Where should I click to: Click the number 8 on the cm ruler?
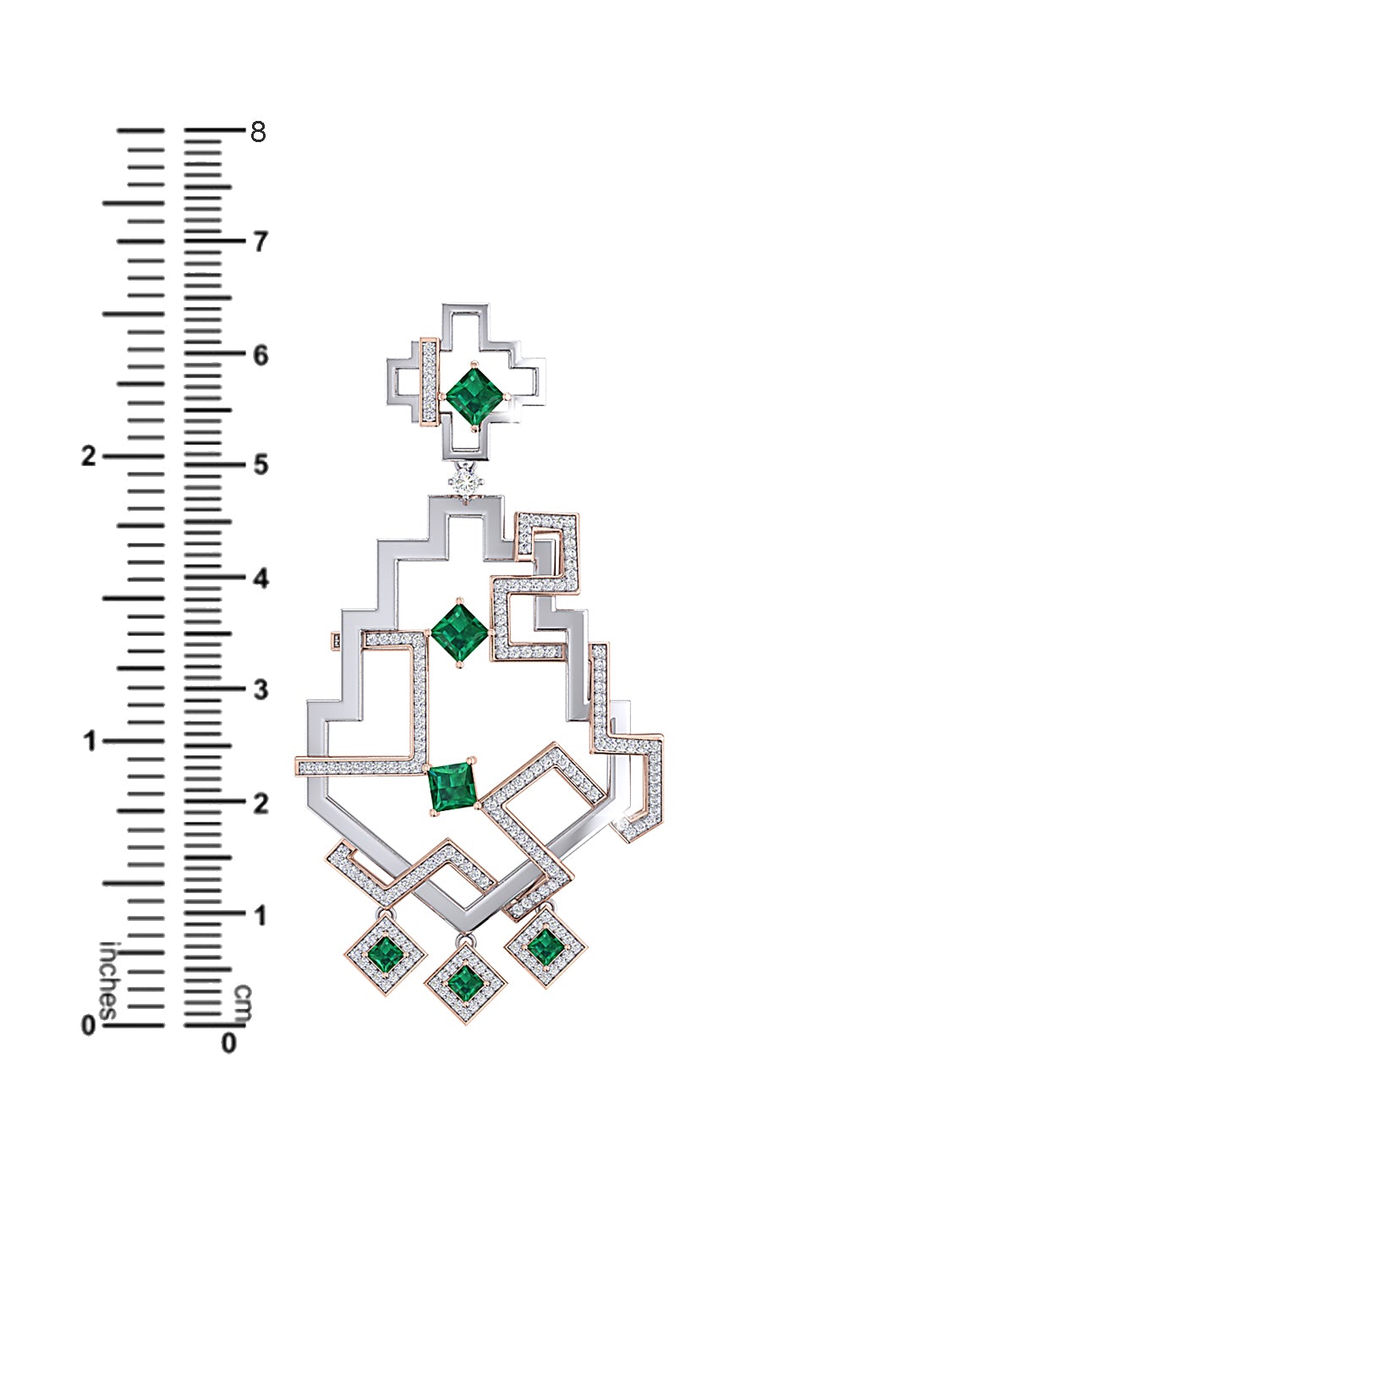pos(258,131)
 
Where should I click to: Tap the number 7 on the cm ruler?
pos(260,242)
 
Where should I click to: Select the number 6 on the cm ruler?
pos(260,355)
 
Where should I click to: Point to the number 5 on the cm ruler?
pos(260,464)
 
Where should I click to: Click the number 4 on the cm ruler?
pos(260,578)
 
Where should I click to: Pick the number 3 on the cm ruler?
pos(260,689)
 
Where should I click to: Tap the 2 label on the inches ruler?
pos(89,456)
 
